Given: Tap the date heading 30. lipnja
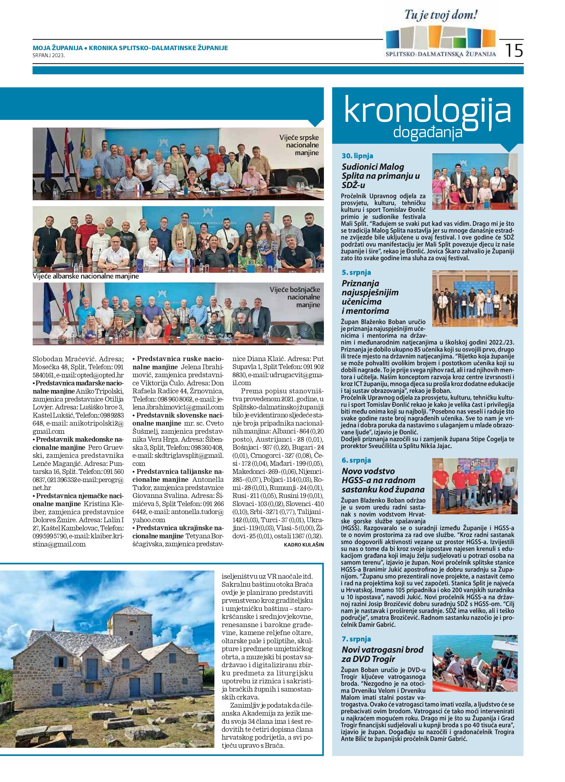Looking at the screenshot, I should tap(357, 156).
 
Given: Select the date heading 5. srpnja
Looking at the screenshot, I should tap(356, 272).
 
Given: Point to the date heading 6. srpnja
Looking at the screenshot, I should tap(356, 460).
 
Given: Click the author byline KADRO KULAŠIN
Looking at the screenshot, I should tap(304, 545).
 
